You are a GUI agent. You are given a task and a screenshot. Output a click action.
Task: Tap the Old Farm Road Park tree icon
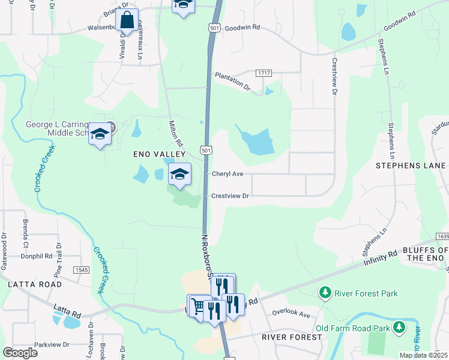(x=398, y=328)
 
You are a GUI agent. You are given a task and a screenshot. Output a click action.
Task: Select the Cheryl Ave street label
(x=228, y=174)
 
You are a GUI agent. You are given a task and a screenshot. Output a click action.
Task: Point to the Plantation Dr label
(x=232, y=80)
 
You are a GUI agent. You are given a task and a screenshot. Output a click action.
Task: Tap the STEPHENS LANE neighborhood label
(x=411, y=165)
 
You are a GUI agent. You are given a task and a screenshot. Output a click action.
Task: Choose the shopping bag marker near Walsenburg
(x=127, y=20)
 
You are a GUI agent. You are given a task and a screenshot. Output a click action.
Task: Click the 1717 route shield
(x=264, y=73)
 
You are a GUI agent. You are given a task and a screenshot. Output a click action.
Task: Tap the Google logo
(x=20, y=352)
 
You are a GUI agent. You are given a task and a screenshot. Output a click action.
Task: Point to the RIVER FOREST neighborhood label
(x=292, y=337)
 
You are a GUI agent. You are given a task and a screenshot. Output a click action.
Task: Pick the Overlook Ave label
(x=291, y=313)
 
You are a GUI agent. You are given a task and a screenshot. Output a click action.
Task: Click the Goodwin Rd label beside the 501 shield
(x=244, y=27)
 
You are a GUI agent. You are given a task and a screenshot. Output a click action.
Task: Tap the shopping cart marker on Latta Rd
(x=198, y=305)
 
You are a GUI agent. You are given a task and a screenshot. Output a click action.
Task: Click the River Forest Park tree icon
(x=325, y=293)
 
